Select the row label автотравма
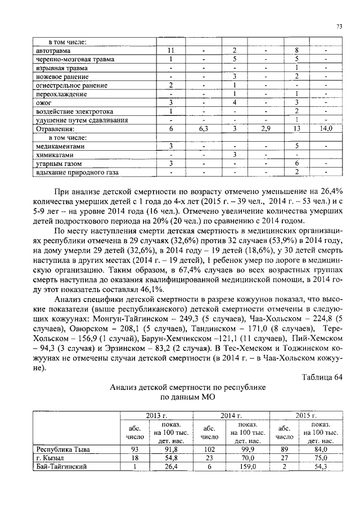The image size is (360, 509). coord(52,51)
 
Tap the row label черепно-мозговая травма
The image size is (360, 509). coord(74,59)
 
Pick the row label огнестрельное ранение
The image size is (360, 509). coord(70,85)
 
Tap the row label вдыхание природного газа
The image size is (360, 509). coord(74,172)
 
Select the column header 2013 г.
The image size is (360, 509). coord(157,415)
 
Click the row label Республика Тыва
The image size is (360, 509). coord(63,449)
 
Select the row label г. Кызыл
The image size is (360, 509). coord(48,458)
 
